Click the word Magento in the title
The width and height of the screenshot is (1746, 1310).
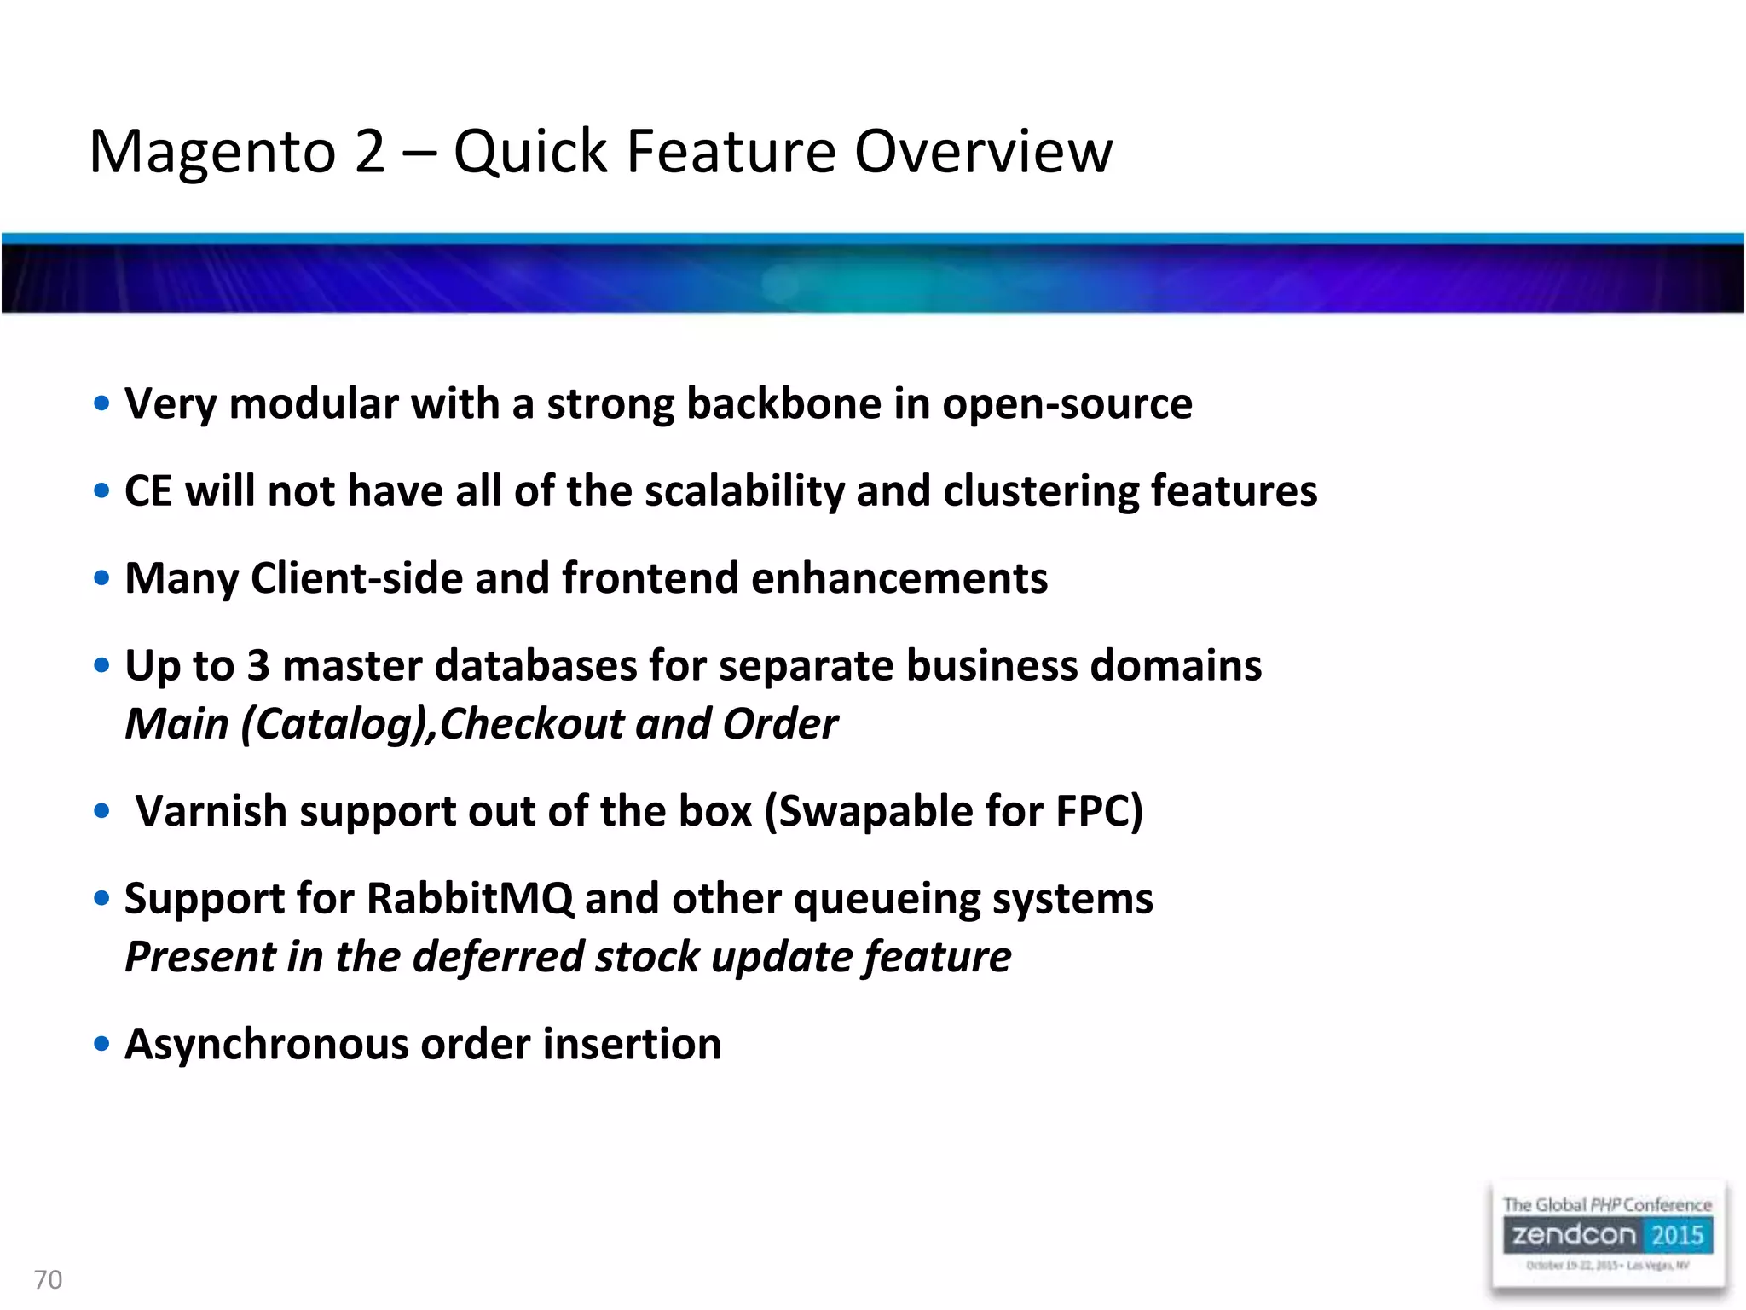213,152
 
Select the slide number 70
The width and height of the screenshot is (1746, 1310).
48,1279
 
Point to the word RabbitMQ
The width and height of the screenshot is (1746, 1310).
470,898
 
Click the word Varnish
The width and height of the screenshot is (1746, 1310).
211,810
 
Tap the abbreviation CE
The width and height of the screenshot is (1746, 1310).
148,491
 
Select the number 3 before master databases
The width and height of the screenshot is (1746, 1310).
257,665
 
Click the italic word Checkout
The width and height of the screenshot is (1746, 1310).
532,724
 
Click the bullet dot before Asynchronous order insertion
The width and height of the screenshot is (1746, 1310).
101,1044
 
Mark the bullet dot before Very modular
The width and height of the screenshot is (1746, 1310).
101,403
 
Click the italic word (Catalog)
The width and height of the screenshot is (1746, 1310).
338,724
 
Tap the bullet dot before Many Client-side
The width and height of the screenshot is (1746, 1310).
101,578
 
